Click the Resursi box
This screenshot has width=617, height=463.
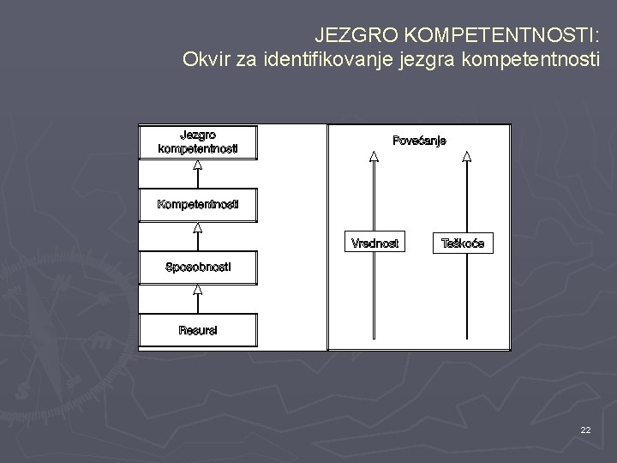click(198, 330)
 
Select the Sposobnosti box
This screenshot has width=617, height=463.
click(198, 268)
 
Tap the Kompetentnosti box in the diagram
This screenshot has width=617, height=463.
click(198, 204)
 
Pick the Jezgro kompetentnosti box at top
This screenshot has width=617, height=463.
click(198, 141)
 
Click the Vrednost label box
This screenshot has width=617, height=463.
click(374, 244)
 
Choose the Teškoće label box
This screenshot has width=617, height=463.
click(463, 244)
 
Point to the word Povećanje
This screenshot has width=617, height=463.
click(419, 141)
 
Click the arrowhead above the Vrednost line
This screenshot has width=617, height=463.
click(374, 157)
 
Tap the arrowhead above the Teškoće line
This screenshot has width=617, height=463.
click(466, 157)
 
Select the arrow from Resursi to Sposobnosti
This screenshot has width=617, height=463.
click(198, 299)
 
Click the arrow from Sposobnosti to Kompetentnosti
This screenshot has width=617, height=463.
click(198, 236)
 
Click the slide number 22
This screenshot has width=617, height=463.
click(585, 430)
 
